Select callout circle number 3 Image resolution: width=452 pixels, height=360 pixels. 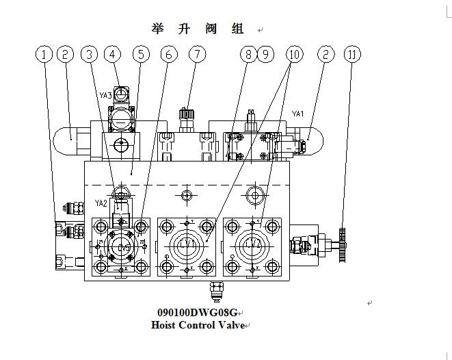pos(89,54)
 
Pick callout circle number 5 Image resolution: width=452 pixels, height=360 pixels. pos(140,54)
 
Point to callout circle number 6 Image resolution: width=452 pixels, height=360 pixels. pos(169,54)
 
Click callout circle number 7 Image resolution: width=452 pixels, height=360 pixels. pos(197,54)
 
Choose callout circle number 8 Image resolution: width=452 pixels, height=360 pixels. pos(248,54)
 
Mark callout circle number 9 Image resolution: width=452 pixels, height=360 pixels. pos(265,54)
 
